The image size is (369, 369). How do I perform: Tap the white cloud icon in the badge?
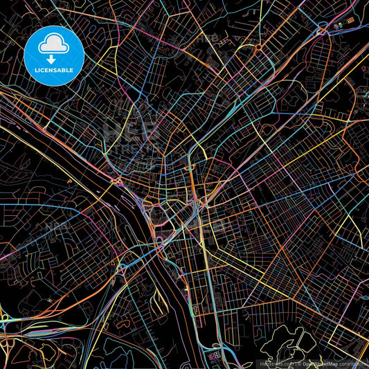point(53,44)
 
